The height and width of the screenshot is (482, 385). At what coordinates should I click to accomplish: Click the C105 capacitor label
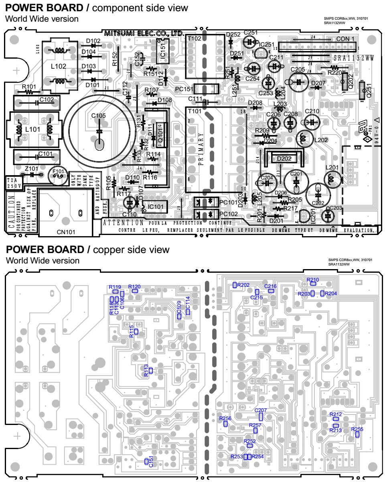click(x=98, y=116)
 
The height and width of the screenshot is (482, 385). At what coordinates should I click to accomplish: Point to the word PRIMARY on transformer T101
click(x=201, y=148)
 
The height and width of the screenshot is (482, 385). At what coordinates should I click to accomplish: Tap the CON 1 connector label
click(x=345, y=39)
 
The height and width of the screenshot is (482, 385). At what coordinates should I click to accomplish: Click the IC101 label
click(x=156, y=206)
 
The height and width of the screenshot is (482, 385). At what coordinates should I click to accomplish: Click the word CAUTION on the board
click(x=11, y=211)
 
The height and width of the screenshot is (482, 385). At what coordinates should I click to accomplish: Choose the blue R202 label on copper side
click(x=243, y=285)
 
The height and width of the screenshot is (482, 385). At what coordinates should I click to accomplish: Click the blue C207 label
click(x=261, y=410)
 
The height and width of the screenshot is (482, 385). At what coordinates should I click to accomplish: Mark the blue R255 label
click(x=357, y=429)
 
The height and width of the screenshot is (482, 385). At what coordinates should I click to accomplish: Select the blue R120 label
click(x=134, y=286)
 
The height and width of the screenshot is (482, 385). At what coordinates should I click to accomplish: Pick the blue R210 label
click(x=313, y=280)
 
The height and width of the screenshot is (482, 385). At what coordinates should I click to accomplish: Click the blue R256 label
click(x=225, y=419)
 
